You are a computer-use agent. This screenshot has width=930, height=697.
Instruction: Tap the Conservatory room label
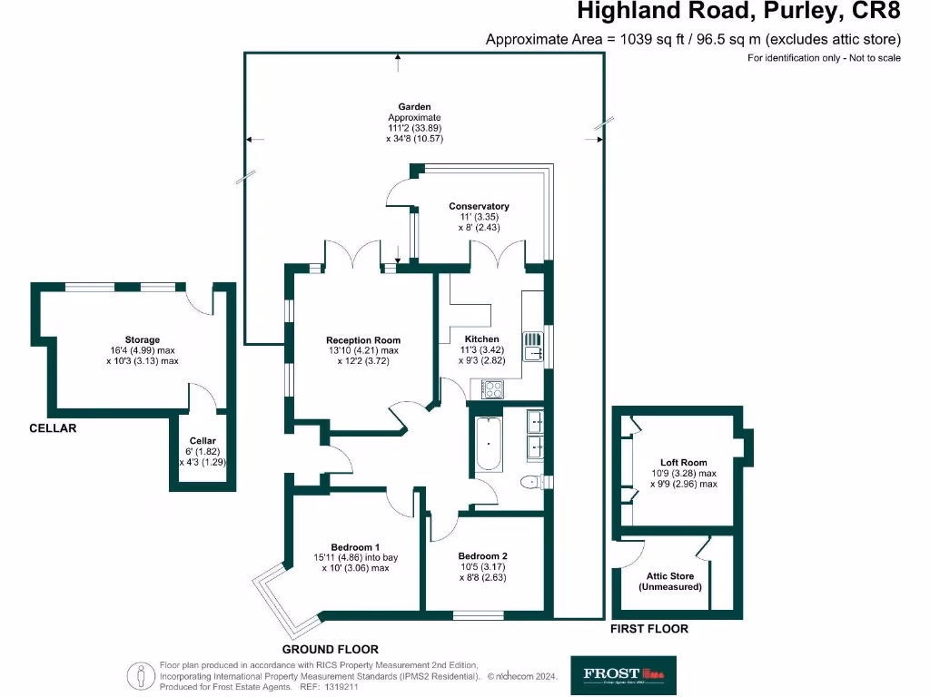[x=479, y=206]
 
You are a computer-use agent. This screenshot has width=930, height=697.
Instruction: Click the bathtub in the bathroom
[x=488, y=444]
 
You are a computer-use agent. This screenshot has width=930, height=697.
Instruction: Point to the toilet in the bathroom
[x=531, y=481]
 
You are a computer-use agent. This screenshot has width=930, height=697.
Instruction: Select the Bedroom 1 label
[x=354, y=547]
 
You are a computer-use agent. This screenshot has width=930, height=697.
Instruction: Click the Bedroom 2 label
[x=482, y=556]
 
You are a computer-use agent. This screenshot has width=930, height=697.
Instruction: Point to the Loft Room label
[x=683, y=463]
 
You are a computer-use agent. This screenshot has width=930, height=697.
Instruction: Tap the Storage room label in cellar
[x=143, y=340]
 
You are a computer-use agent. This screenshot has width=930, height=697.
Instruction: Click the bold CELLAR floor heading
[x=52, y=428]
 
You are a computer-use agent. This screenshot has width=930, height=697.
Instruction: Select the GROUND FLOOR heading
[x=330, y=650]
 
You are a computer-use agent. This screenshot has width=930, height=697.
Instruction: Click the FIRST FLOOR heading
[x=648, y=629]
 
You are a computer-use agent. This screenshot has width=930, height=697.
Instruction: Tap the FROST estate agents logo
[x=622, y=674]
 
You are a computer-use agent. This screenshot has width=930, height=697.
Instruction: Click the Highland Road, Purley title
[x=739, y=13]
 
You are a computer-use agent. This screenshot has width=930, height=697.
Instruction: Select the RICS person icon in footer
[x=140, y=676]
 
